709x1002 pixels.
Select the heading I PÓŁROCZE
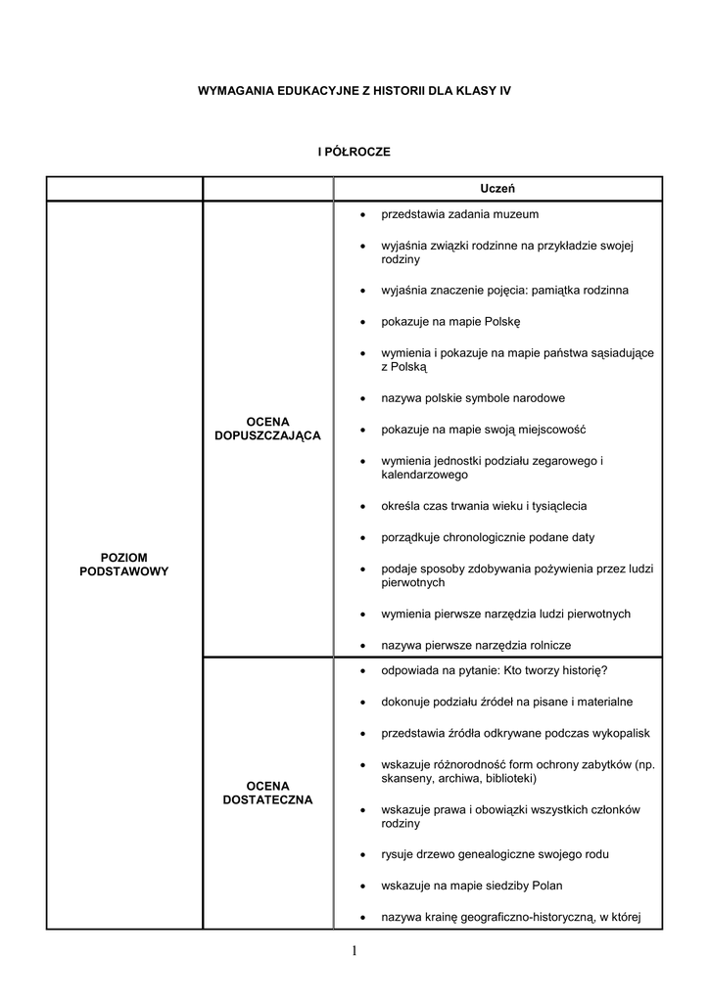354,152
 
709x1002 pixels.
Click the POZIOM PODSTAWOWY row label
123,564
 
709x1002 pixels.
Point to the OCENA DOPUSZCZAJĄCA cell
267,428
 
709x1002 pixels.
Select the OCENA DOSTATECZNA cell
267,793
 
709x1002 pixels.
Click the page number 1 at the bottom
354,951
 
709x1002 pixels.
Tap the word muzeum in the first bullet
518,213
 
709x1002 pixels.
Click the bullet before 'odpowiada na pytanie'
362,671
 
